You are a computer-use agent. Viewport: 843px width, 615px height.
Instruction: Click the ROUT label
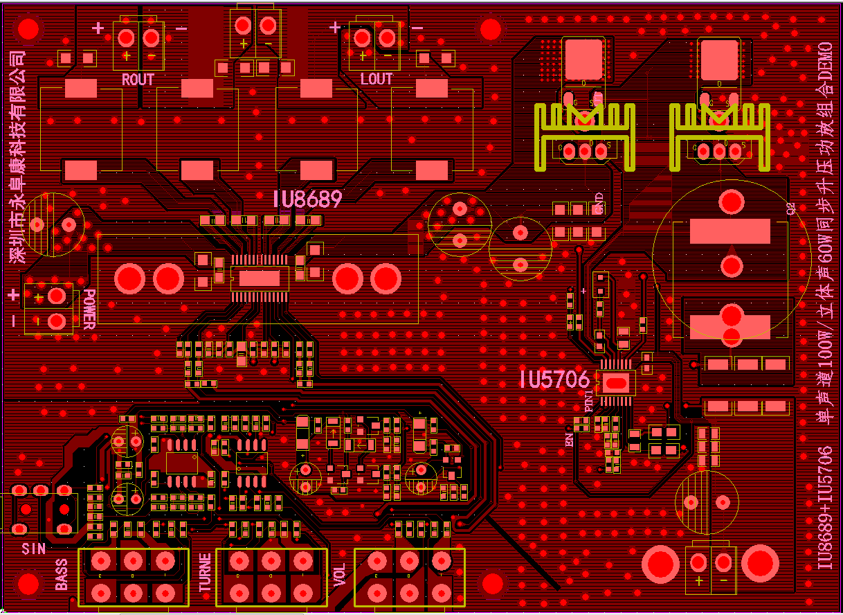click(138, 80)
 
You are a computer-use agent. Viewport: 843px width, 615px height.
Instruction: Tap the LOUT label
click(377, 79)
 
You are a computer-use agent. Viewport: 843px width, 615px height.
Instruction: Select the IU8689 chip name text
click(307, 199)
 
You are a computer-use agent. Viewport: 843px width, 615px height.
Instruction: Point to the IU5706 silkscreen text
click(554, 380)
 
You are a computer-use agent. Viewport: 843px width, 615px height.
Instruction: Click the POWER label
click(89, 309)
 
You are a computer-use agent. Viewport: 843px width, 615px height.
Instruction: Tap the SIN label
click(33, 549)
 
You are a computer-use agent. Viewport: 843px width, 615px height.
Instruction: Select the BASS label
click(62, 574)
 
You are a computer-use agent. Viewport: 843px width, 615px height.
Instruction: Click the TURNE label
click(205, 573)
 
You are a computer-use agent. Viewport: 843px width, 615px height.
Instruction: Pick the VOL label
click(339, 574)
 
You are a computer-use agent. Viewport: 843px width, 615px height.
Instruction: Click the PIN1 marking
click(588, 402)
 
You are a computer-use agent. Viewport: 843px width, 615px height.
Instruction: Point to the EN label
click(570, 439)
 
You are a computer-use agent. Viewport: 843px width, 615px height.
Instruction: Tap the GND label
click(599, 204)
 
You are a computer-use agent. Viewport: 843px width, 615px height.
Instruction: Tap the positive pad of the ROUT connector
click(126, 37)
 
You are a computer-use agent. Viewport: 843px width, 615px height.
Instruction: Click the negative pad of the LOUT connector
click(387, 37)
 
